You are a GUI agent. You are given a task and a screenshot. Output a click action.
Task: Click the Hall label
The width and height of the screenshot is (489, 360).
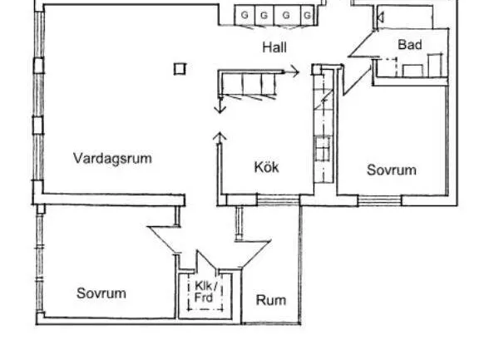pyautogui.click(x=274, y=47)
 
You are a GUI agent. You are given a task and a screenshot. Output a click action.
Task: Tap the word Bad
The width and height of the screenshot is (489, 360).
pyautogui.click(x=410, y=45)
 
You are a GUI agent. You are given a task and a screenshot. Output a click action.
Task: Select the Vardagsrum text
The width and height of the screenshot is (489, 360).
pyautogui.click(x=112, y=158)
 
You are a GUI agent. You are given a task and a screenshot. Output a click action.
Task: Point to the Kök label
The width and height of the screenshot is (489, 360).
pyautogui.click(x=266, y=167)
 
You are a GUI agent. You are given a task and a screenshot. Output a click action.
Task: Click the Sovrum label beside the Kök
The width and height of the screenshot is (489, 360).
pyautogui.click(x=392, y=170)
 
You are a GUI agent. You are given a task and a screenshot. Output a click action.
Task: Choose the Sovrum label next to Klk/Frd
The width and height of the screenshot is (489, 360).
pyautogui.click(x=101, y=293)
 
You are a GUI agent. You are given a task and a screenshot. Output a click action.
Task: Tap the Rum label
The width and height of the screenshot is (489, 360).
pyautogui.click(x=271, y=300)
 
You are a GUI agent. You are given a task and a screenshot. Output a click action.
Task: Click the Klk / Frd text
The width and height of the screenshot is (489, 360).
pyautogui.click(x=205, y=292)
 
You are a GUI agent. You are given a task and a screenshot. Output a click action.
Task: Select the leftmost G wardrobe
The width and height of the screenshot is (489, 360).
pyautogui.click(x=244, y=15)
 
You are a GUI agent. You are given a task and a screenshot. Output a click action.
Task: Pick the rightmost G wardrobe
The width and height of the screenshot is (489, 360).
pyautogui.click(x=307, y=15)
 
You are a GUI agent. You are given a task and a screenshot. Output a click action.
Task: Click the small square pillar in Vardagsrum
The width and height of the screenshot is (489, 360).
pyautogui.click(x=180, y=69)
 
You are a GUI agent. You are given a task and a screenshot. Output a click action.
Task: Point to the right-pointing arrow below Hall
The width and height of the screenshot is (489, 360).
pyautogui.click(x=292, y=72)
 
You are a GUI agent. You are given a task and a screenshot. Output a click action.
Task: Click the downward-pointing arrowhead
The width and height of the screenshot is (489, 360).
pyautogui.click(x=220, y=109)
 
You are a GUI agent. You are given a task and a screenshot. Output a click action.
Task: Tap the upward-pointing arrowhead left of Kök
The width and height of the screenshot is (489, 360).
pyautogui.click(x=220, y=136)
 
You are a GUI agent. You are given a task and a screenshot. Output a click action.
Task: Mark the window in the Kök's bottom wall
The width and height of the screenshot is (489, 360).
pyautogui.click(x=278, y=200)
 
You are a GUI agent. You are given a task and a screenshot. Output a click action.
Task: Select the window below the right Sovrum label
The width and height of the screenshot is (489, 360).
pyautogui.click(x=379, y=200)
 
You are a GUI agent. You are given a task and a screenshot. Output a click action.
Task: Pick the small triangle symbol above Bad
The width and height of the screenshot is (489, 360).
pyautogui.click(x=381, y=17)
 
